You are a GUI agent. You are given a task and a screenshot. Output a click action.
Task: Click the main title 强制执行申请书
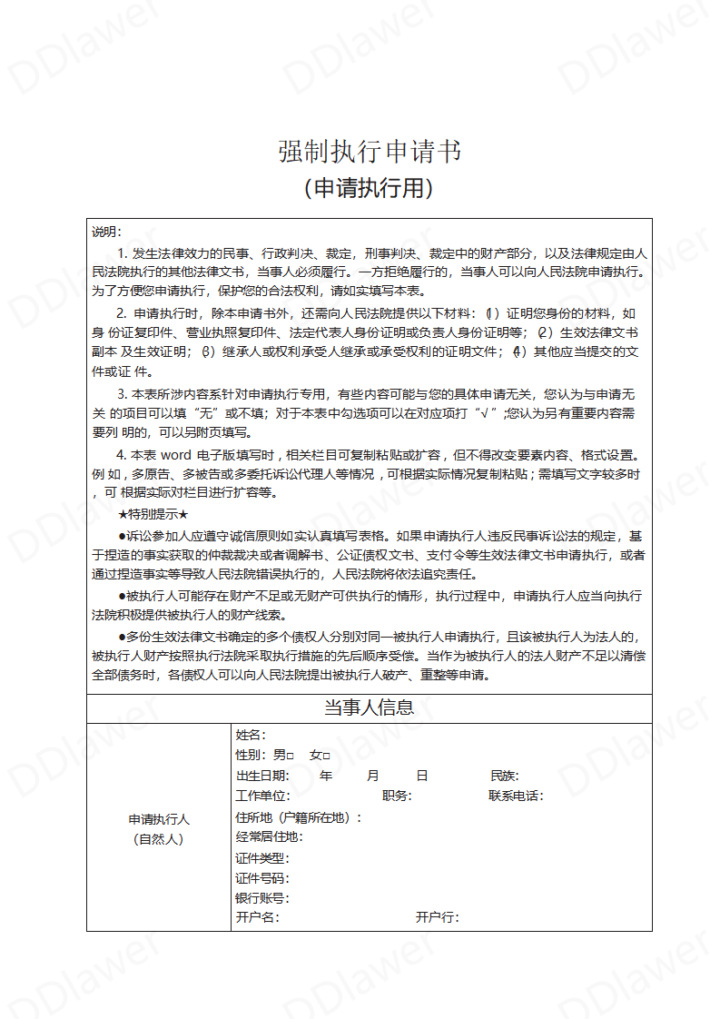point(369,152)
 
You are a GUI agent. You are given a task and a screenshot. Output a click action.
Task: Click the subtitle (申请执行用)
point(369,188)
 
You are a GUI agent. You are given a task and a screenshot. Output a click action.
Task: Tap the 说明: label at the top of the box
point(106,232)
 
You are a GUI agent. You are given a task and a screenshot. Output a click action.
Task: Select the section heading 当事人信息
point(369,707)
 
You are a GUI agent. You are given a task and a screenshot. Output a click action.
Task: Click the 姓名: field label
point(251,735)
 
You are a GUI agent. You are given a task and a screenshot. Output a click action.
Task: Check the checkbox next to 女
point(326,756)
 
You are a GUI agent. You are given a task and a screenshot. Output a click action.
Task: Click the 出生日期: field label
point(262,776)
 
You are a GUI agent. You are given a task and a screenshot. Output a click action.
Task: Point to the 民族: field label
point(505,776)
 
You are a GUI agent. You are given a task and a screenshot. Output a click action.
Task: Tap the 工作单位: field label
point(262,796)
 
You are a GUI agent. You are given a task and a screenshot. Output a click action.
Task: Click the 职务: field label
point(397,796)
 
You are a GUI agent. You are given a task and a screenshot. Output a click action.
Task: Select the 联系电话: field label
point(516,796)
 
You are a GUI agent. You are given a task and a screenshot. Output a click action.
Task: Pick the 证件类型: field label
point(262,858)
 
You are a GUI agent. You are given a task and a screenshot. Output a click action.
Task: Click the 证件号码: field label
point(262,878)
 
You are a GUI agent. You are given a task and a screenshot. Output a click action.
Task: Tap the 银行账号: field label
point(262,898)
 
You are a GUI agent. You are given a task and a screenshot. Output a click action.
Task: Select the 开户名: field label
point(257,917)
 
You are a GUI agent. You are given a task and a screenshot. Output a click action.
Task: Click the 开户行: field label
point(438,917)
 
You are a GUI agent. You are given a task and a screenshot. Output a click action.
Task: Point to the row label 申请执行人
point(159,819)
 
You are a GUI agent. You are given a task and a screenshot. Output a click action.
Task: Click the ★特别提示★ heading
point(153,514)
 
